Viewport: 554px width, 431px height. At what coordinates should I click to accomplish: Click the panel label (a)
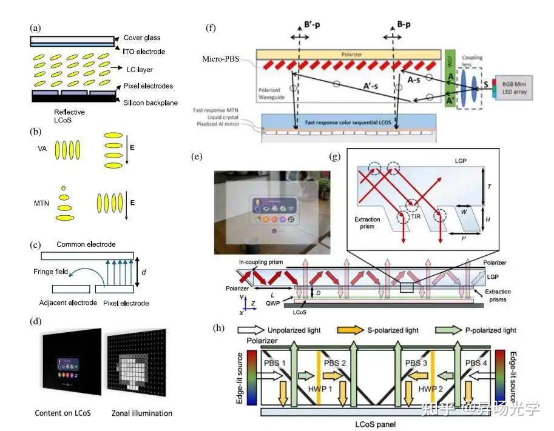pos(36,27)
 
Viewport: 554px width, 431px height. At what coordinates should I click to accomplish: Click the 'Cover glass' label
pos(141,38)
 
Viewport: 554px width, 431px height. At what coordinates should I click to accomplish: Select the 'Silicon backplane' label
pos(150,103)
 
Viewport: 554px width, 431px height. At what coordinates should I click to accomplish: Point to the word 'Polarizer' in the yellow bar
pos(349,55)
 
